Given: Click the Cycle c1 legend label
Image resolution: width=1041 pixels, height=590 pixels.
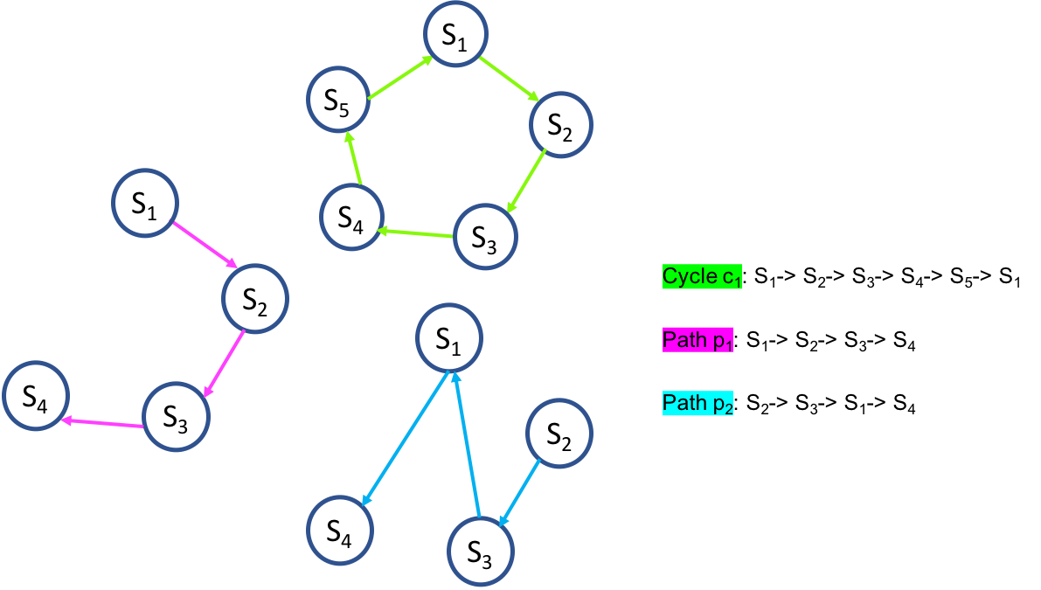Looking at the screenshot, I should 702,277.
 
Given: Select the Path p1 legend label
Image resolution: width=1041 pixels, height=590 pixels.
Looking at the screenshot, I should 697,340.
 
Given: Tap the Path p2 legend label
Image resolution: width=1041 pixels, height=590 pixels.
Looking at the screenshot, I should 697,403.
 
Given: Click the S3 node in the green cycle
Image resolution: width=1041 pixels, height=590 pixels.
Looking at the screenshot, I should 486,237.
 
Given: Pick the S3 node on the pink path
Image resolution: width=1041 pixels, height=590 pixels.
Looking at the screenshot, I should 176,417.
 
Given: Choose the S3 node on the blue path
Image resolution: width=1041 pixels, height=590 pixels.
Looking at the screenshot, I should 481,551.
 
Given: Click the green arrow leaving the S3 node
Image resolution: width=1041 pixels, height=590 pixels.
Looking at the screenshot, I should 415,233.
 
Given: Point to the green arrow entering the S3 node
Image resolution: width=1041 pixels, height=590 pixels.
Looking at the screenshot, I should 526,181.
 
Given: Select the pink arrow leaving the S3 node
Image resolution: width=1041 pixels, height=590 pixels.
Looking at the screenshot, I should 102,423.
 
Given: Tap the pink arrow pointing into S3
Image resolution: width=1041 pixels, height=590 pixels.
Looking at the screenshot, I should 223,364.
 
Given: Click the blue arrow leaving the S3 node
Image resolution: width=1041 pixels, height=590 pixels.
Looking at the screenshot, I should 466,443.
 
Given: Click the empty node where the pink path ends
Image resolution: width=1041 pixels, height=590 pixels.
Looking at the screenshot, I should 36,395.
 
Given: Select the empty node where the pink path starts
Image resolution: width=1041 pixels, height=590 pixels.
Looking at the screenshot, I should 145,203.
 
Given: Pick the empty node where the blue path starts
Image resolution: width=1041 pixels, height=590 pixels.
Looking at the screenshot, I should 559,433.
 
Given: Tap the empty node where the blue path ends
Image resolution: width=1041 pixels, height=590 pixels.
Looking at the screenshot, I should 340,530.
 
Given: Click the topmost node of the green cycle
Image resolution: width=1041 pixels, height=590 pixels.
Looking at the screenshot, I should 455,33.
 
